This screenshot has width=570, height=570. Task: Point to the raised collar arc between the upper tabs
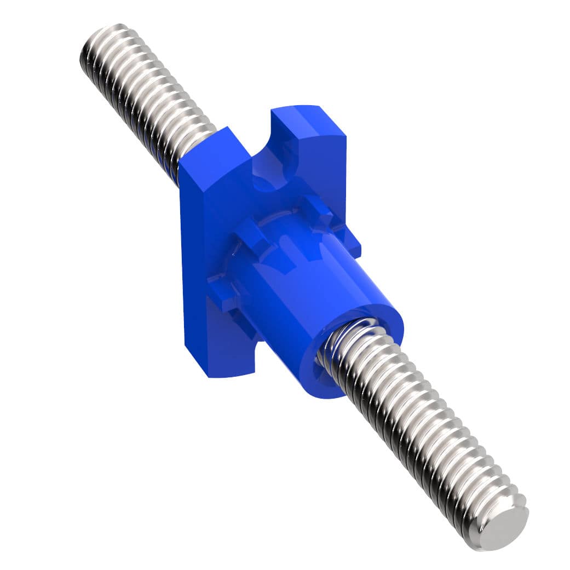(x=274, y=224)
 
